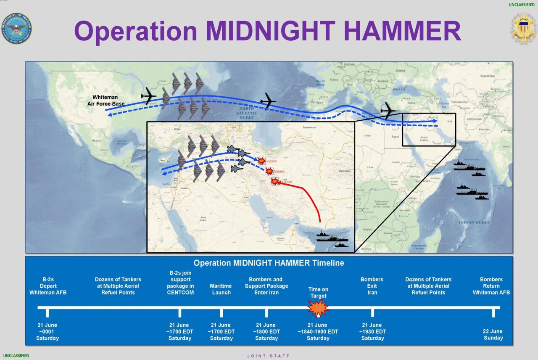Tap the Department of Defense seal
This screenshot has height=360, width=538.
click(16, 29)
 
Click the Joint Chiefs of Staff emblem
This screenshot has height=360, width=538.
click(523, 29)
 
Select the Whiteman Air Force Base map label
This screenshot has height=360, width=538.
click(106, 100)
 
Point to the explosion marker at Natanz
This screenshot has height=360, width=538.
click(269, 171)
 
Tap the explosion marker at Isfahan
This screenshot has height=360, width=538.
click(274, 181)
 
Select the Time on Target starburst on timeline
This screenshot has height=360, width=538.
click(318, 308)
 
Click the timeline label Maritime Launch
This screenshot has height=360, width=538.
click(221, 289)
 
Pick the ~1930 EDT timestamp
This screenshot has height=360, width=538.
click(372, 331)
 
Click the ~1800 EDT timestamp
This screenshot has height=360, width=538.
click(266, 331)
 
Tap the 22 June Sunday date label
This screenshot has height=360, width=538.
click(493, 334)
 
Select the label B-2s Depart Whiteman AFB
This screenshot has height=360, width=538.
click(48, 286)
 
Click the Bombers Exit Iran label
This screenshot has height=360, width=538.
click(372, 286)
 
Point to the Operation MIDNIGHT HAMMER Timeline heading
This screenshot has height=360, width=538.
click(269, 263)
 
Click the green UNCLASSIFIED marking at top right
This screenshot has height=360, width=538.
click(522, 5)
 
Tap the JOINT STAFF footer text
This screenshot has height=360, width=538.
click(268, 356)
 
